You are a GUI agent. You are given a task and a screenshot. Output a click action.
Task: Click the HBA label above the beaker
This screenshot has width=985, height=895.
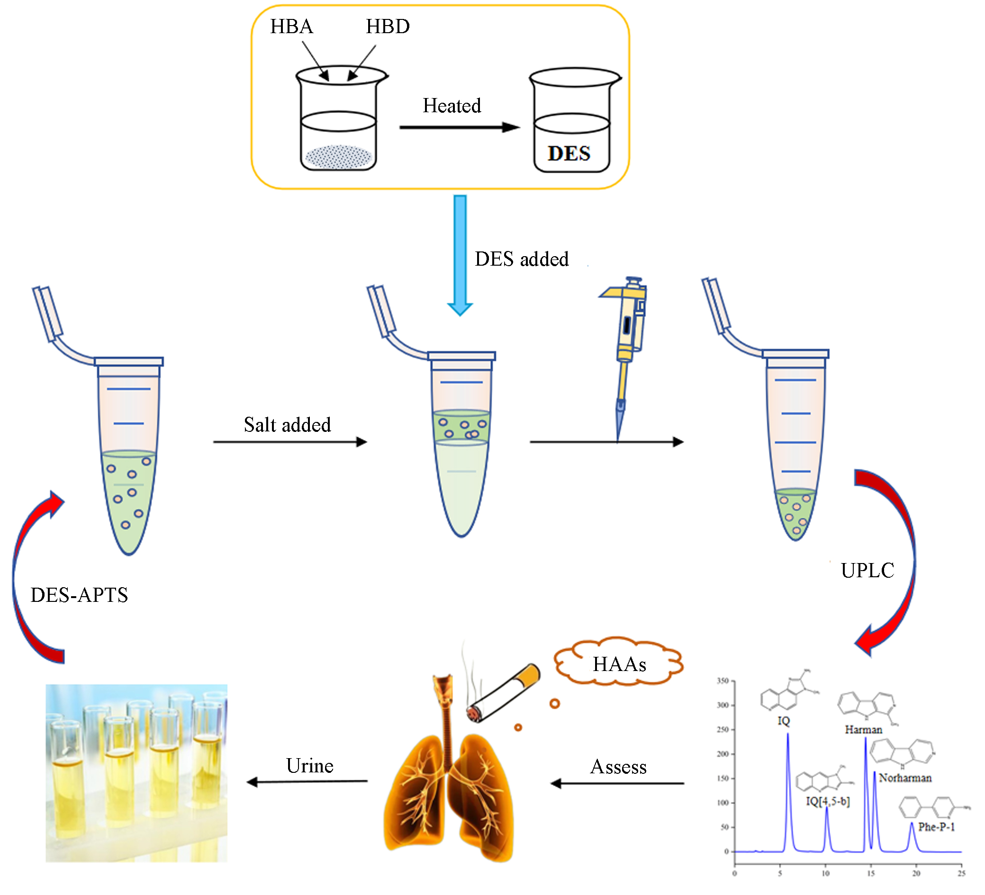(292, 27)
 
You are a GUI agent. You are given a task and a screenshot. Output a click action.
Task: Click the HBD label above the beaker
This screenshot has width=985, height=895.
(388, 27)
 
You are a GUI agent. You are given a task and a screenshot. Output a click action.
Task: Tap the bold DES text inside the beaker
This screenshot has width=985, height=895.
(569, 154)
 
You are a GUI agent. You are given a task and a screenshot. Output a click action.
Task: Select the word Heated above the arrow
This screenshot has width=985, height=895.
(452, 106)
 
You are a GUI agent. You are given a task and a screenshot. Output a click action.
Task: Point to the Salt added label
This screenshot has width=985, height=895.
(287, 425)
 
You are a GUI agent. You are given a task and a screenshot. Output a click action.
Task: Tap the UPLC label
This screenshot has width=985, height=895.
(867, 570)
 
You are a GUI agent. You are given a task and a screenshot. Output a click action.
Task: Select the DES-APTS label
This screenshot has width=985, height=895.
(79, 595)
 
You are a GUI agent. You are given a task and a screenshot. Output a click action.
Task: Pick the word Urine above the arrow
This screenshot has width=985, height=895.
(310, 766)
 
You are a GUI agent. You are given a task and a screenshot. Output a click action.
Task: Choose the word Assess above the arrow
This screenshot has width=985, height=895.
(619, 767)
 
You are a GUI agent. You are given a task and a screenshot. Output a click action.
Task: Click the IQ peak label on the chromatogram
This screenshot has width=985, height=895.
(784, 721)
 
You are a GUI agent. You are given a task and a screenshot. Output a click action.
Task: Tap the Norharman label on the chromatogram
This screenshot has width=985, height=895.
(905, 778)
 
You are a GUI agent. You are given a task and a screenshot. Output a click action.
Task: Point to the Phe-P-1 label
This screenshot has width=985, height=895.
(936, 827)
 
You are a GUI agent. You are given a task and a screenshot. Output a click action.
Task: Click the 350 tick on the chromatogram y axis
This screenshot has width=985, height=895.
(723, 680)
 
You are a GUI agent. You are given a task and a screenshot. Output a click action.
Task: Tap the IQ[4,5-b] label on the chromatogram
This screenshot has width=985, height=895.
(828, 801)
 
